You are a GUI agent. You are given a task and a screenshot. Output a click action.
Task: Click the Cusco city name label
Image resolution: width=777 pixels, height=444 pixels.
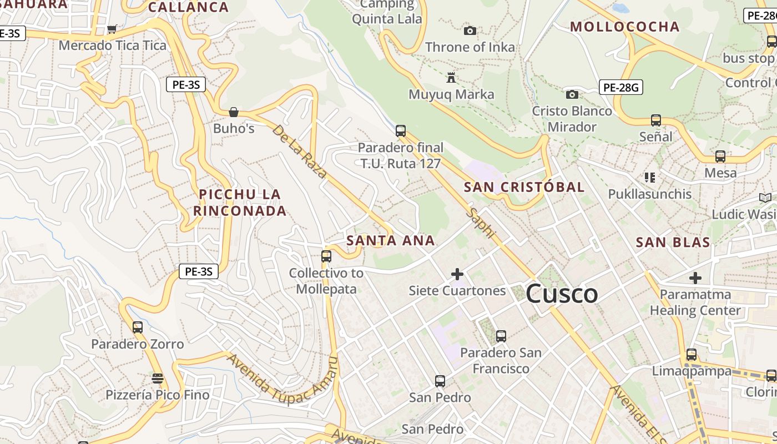pyautogui.click(x=562, y=294)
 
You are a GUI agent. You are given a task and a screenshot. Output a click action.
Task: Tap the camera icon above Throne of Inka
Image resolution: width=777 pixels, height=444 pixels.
pyautogui.click(x=470, y=31)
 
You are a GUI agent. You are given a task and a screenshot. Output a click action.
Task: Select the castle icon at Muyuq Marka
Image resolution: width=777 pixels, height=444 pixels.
pyautogui.click(x=451, y=78)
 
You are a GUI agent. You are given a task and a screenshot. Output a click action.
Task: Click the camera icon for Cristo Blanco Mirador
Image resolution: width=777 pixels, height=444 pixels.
pyautogui.click(x=572, y=94)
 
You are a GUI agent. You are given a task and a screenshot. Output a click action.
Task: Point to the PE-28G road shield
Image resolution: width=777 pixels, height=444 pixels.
pyautogui.click(x=621, y=87)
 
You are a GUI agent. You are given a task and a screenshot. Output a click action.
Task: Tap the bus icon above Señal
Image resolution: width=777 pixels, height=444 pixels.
pyautogui.click(x=656, y=120)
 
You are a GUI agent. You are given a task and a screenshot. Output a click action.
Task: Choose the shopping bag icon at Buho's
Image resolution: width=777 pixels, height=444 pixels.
pyautogui.click(x=234, y=112)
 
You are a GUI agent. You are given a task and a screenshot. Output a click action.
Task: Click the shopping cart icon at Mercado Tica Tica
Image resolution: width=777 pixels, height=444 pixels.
pyautogui.click(x=112, y=29)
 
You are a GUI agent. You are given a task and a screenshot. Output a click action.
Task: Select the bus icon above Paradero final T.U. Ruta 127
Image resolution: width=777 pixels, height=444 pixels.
pyautogui.click(x=401, y=131)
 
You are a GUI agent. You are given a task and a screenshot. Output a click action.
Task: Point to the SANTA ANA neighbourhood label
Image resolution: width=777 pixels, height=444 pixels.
pyautogui.click(x=391, y=240)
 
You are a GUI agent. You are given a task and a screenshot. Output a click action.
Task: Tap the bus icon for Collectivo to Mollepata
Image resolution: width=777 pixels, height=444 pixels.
pyautogui.click(x=326, y=256)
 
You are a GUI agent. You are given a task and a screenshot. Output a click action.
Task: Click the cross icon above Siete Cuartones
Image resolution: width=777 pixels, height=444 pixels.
pyautogui.click(x=457, y=274)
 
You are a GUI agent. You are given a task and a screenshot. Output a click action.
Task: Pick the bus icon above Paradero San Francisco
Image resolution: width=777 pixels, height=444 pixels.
pyautogui.click(x=501, y=336)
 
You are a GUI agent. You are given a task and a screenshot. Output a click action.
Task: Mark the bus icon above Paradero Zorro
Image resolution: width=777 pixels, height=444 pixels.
pyautogui.click(x=138, y=327)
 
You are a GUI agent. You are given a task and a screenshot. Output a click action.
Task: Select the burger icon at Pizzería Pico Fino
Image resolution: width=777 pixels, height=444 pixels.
pyautogui.click(x=158, y=379)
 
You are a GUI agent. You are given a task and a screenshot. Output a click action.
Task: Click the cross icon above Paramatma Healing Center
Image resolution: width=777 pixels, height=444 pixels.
pyautogui.click(x=695, y=277)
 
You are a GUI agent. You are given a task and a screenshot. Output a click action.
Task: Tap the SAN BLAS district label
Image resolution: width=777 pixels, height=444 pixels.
pyautogui.click(x=673, y=242)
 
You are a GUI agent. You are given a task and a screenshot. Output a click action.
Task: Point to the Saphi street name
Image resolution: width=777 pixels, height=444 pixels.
pyautogui.click(x=481, y=223)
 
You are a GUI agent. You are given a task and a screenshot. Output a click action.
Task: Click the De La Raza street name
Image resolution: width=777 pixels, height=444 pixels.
pyautogui.click(x=300, y=151)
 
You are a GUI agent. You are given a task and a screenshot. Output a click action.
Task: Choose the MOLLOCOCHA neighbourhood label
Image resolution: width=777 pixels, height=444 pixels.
pyautogui.click(x=624, y=27)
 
